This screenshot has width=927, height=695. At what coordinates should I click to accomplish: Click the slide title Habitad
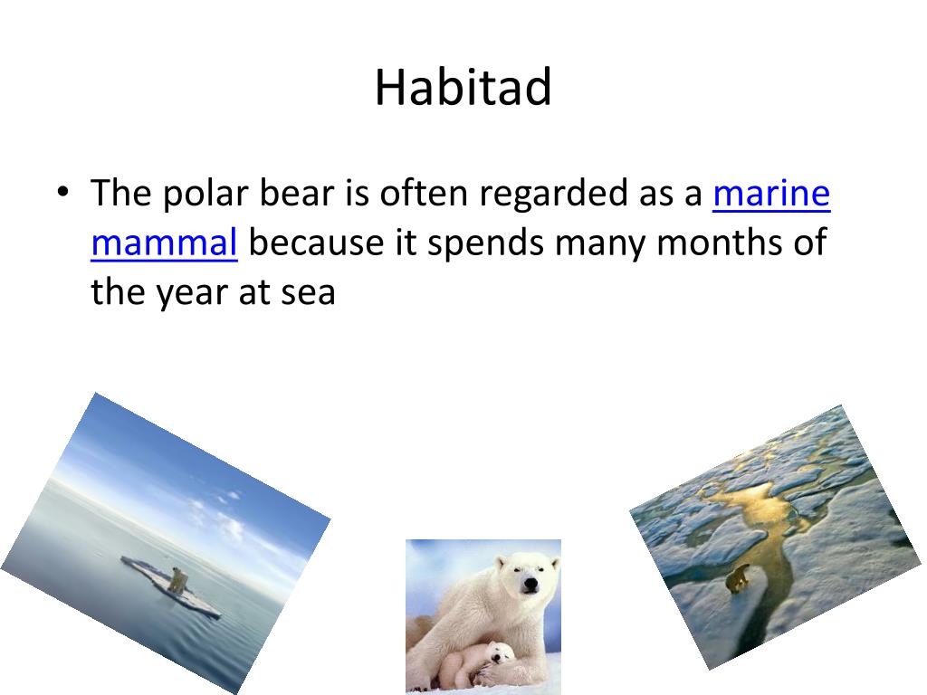click(x=463, y=87)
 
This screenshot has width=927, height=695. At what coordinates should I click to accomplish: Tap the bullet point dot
click(x=63, y=192)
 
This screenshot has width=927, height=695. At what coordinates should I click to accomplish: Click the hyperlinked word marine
click(x=771, y=194)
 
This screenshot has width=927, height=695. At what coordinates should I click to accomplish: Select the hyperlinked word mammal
click(x=165, y=243)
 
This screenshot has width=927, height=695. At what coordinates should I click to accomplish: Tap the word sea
click(x=308, y=292)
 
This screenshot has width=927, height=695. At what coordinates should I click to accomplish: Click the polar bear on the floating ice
click(x=178, y=580)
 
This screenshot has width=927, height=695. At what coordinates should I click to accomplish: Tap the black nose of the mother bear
click(x=530, y=586)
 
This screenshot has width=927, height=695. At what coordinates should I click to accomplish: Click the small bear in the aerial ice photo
click(x=738, y=578)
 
